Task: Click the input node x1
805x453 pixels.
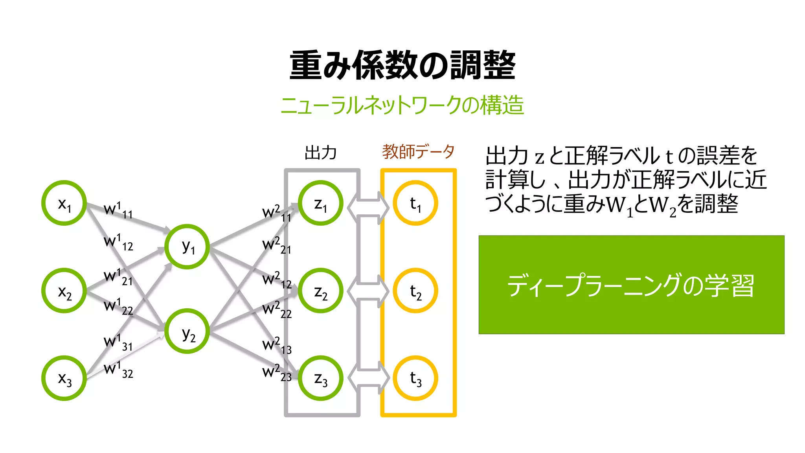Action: point(64,203)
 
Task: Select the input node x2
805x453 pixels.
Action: point(64,291)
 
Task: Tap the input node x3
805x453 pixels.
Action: point(64,378)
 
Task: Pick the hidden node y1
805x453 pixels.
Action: point(187,247)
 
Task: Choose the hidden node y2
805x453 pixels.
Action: point(187,331)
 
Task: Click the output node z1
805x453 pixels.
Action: point(320,203)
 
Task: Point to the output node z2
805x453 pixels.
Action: point(320,291)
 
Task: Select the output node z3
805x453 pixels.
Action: point(320,378)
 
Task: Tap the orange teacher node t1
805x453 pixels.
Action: point(415,203)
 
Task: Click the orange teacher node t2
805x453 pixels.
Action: point(415,291)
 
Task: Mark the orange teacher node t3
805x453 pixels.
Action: point(415,378)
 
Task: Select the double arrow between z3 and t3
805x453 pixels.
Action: point(369,378)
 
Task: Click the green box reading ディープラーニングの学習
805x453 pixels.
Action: point(631,285)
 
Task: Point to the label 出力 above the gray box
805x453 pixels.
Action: point(320,153)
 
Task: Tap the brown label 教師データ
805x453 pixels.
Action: point(418,152)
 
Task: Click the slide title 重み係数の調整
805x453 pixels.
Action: point(402,65)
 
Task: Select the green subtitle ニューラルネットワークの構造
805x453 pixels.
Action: point(402,105)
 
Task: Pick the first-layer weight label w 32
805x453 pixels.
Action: point(118,370)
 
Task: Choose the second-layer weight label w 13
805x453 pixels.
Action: point(277,346)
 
